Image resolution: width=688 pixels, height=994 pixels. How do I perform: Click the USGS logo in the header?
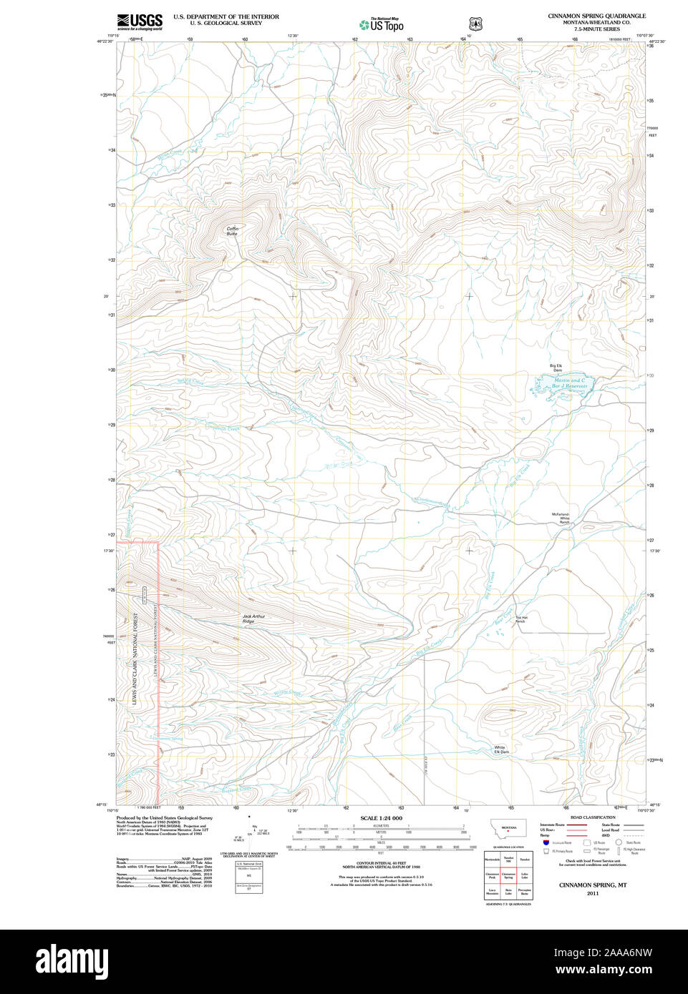click(x=140, y=21)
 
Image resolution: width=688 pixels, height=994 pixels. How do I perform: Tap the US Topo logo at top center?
click(x=382, y=24)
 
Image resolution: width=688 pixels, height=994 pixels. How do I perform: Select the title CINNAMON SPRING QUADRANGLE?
click(x=596, y=16)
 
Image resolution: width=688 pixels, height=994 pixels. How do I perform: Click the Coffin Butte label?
click(x=233, y=231)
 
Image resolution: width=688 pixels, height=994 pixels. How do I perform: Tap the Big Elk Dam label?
click(x=556, y=368)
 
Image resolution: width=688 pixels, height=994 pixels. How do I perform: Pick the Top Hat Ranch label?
click(x=520, y=619)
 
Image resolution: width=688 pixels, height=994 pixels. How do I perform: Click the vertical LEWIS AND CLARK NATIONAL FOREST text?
click(x=135, y=659)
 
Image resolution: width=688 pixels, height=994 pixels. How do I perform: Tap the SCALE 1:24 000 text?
click(x=381, y=818)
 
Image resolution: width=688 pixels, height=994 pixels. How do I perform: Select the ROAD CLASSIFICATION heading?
click(x=592, y=817)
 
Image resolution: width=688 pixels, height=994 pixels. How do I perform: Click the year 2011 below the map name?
click(x=592, y=893)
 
